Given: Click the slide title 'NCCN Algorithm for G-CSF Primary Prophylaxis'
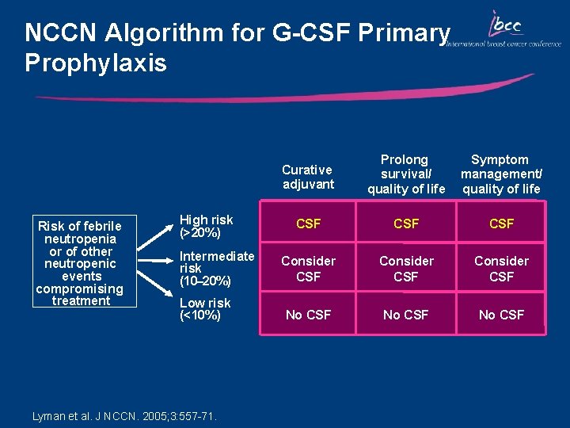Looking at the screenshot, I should click(x=237, y=47).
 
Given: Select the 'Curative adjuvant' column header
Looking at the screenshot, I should click(x=308, y=177).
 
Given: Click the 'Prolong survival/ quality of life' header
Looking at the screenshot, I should click(x=406, y=174).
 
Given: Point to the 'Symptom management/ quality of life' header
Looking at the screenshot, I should click(x=501, y=174).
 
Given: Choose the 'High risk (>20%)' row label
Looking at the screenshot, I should click(x=207, y=226).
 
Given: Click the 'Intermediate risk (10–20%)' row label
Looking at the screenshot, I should click(x=216, y=268).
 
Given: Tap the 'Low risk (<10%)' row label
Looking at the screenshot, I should click(x=205, y=309).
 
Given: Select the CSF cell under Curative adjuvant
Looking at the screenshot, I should click(x=308, y=224).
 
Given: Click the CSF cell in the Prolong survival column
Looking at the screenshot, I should click(x=406, y=224).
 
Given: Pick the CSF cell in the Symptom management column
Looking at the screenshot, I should click(x=501, y=224).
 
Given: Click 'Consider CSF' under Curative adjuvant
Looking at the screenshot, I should click(x=308, y=268).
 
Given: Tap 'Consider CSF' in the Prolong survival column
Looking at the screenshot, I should click(x=406, y=268).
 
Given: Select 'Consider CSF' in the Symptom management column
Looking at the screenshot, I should click(x=501, y=268).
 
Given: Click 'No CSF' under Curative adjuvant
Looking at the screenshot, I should click(x=308, y=315).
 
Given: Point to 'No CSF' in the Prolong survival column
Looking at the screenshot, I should click(x=406, y=315).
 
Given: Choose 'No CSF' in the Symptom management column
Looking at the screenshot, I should click(x=501, y=315).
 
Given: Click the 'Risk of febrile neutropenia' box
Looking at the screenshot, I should click(x=81, y=263).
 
